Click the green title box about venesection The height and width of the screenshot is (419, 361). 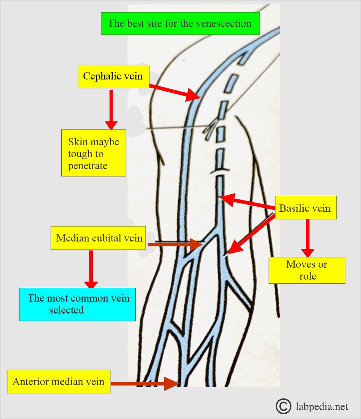coord(180,24)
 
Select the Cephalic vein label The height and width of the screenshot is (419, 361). coord(113,76)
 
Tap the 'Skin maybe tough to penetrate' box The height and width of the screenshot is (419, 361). coord(93,153)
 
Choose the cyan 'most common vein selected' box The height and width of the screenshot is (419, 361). coord(78,304)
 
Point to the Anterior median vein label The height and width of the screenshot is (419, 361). coord(58,381)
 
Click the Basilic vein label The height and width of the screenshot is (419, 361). coord(305,208)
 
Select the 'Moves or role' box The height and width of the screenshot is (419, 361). coord(306,270)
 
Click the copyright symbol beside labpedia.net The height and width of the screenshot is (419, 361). coord(283,406)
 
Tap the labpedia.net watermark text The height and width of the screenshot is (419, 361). coord(321,407)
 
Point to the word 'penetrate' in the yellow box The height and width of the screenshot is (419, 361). coord(88,166)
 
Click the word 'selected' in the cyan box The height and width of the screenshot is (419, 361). coord(66,310)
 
